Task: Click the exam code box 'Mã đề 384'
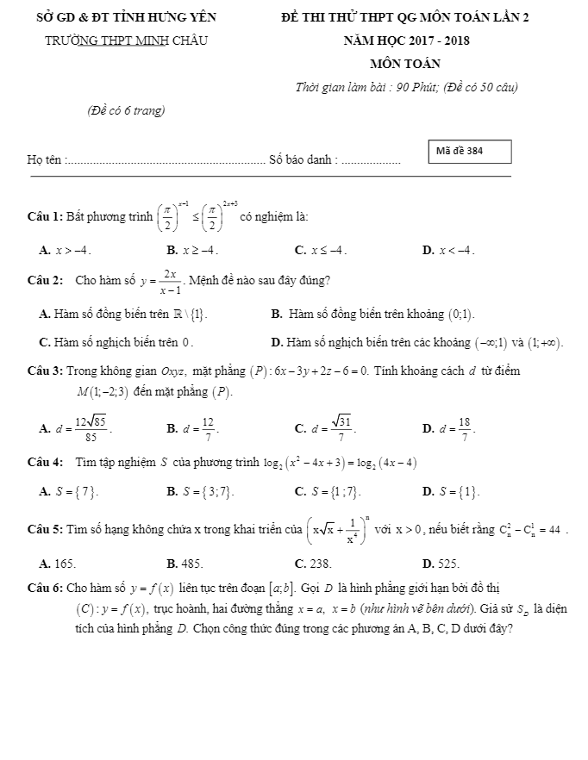[470, 151]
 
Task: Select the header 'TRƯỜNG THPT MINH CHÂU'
[127, 40]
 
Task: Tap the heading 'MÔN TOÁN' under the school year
[405, 64]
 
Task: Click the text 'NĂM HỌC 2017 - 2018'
[405, 40]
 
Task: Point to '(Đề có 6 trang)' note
[126, 110]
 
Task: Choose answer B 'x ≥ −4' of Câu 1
[194, 251]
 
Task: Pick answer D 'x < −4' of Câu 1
[448, 251]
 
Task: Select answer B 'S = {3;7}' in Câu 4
[200, 492]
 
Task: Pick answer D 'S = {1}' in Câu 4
[452, 492]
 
